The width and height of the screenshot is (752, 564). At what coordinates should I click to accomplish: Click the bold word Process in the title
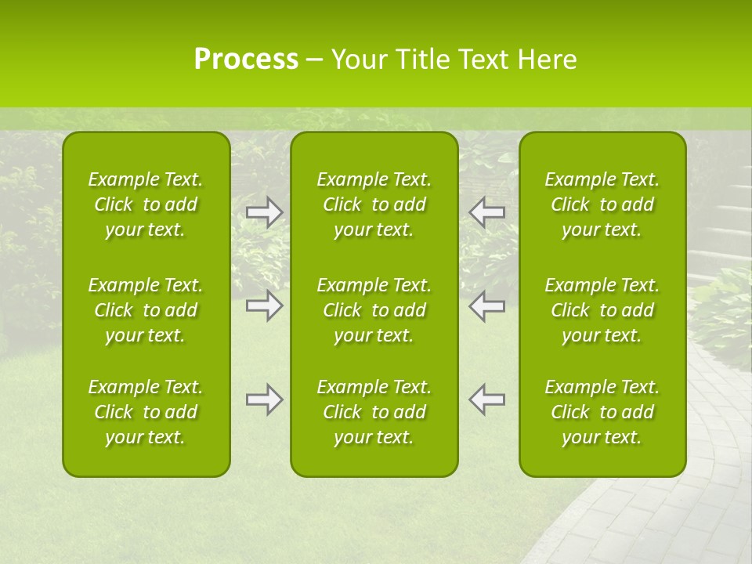pyautogui.click(x=246, y=60)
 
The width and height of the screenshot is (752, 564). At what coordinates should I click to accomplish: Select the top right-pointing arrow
pyautogui.click(x=265, y=212)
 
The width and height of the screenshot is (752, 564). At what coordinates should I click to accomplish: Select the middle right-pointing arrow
pyautogui.click(x=265, y=305)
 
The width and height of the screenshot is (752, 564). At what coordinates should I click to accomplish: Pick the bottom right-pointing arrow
pyautogui.click(x=265, y=399)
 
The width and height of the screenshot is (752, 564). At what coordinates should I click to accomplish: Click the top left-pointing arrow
pyautogui.click(x=486, y=212)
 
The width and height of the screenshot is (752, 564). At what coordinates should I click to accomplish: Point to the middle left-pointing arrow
pyautogui.click(x=486, y=305)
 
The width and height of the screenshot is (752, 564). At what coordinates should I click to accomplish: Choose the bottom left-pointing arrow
pyautogui.click(x=486, y=399)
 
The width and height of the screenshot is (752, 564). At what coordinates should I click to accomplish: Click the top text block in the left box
pyautogui.click(x=146, y=204)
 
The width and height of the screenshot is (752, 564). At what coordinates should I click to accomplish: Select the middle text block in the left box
pyautogui.click(x=146, y=310)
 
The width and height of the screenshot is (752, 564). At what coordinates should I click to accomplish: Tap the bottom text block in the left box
pyautogui.click(x=146, y=412)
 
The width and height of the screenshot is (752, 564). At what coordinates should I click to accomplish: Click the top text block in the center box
pyautogui.click(x=374, y=204)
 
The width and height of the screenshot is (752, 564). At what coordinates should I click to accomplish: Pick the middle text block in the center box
pyautogui.click(x=374, y=310)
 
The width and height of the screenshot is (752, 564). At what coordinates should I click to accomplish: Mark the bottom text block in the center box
pyautogui.click(x=374, y=412)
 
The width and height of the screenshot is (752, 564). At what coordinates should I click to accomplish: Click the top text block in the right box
pyautogui.click(x=602, y=204)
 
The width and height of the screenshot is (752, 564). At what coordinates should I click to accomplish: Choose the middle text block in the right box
pyautogui.click(x=602, y=310)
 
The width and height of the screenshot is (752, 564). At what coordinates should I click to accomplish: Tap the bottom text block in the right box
pyautogui.click(x=602, y=412)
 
